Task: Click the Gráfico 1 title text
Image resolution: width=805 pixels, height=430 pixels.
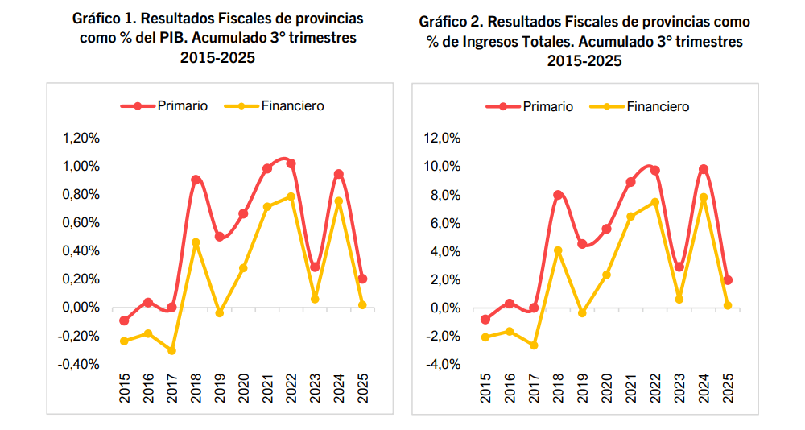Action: coord(217,38)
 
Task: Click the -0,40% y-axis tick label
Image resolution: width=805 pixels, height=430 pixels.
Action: coord(79,364)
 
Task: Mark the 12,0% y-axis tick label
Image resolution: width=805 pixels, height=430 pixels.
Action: coord(442,139)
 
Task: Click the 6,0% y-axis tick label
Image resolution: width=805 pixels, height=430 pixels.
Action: coord(444,223)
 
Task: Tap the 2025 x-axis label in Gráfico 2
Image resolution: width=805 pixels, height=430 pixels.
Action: coord(727,388)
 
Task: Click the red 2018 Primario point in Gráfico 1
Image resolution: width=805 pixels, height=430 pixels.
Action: coord(196,180)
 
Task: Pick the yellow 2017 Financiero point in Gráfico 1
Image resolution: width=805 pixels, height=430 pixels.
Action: coord(171,350)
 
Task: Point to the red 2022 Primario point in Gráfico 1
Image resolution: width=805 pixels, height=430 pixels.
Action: coord(291,163)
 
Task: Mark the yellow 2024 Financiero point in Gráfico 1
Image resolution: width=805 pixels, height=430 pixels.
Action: coord(339,201)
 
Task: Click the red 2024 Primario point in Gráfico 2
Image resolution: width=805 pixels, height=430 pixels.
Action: coord(704,169)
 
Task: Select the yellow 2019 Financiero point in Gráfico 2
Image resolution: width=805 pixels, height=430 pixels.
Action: coord(583,312)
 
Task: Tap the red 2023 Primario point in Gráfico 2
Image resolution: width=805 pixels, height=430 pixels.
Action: coord(679,267)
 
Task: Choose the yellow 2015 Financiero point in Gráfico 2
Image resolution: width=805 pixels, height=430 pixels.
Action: coord(485,337)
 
